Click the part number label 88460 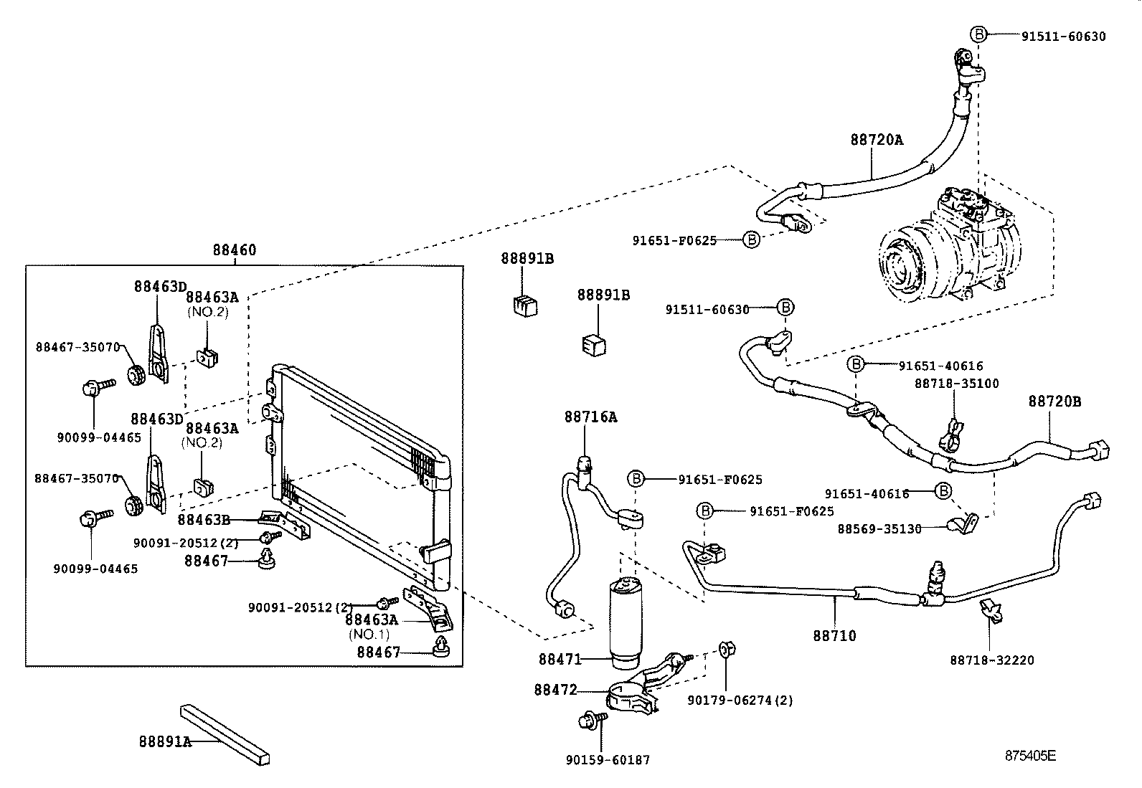(x=234, y=251)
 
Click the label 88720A (x=877, y=141)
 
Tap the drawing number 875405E (x=1030, y=756)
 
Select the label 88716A (x=590, y=417)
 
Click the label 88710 (x=834, y=635)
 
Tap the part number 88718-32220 (x=992, y=660)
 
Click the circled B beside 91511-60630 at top (x=979, y=34)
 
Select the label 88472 (x=555, y=690)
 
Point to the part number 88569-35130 (x=879, y=529)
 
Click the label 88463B (x=204, y=520)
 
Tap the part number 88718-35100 (x=956, y=384)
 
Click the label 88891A (x=165, y=742)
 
